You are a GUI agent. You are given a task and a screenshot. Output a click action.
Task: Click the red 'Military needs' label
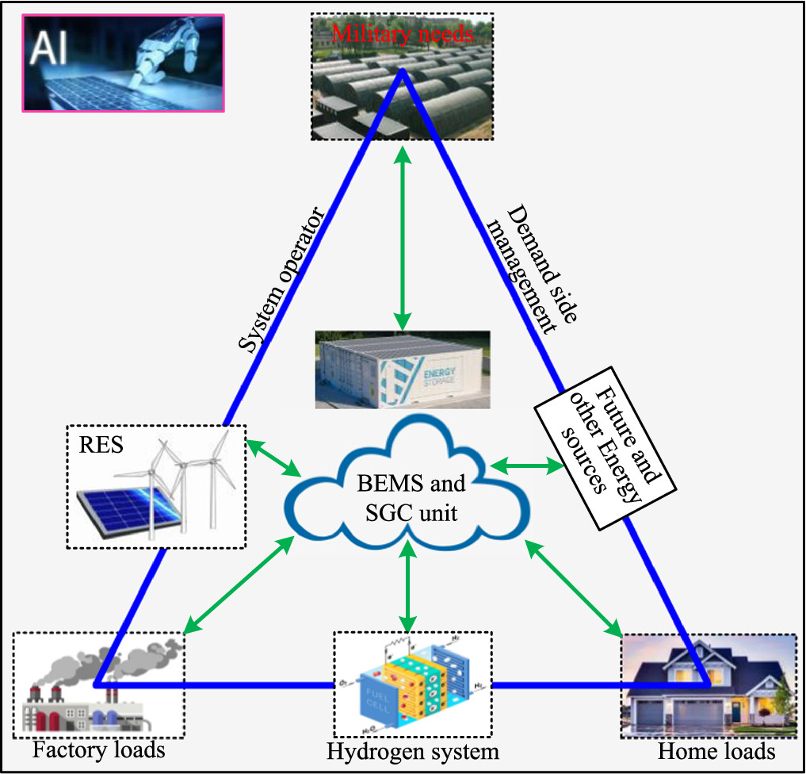click(403, 34)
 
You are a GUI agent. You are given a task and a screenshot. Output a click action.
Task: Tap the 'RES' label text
click(101, 444)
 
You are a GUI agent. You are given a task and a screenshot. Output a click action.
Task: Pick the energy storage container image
click(403, 370)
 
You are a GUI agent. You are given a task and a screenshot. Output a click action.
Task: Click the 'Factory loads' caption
click(98, 749)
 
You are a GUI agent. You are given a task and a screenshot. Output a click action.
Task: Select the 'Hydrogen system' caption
click(413, 750)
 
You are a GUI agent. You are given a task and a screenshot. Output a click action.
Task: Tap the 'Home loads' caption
click(716, 749)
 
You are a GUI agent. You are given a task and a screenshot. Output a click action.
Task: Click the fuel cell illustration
click(412, 683)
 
